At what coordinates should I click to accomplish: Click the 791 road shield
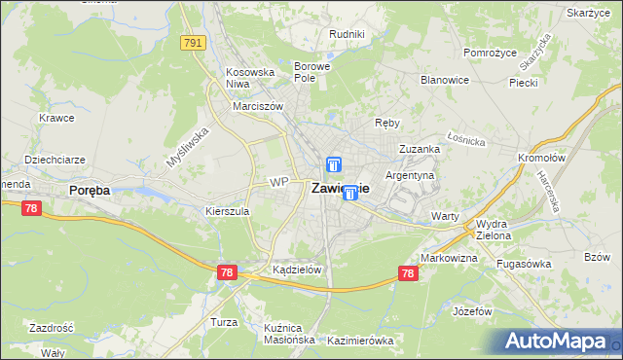(x=193, y=43)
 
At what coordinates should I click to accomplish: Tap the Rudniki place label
(x=347, y=34)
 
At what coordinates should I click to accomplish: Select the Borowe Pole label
(x=312, y=71)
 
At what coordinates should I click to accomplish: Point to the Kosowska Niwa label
(x=245, y=77)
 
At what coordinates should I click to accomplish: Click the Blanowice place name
(x=445, y=80)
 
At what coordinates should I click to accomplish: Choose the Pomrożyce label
(x=489, y=52)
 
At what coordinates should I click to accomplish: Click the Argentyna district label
(x=410, y=175)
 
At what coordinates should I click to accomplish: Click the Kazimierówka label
(x=360, y=341)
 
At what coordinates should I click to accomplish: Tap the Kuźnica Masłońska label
(x=289, y=334)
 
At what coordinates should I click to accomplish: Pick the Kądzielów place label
(x=297, y=270)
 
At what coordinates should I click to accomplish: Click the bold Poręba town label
(x=89, y=191)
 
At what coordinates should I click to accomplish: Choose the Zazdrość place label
(x=52, y=329)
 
